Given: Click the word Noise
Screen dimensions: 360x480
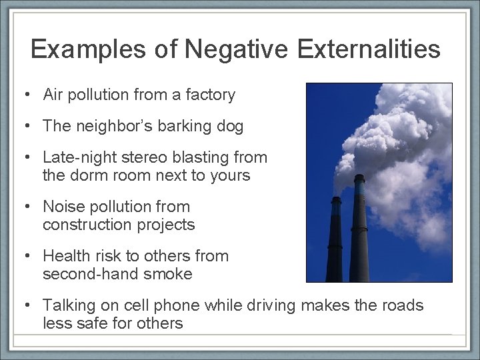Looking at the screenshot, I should pyautogui.click(x=62, y=207).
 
